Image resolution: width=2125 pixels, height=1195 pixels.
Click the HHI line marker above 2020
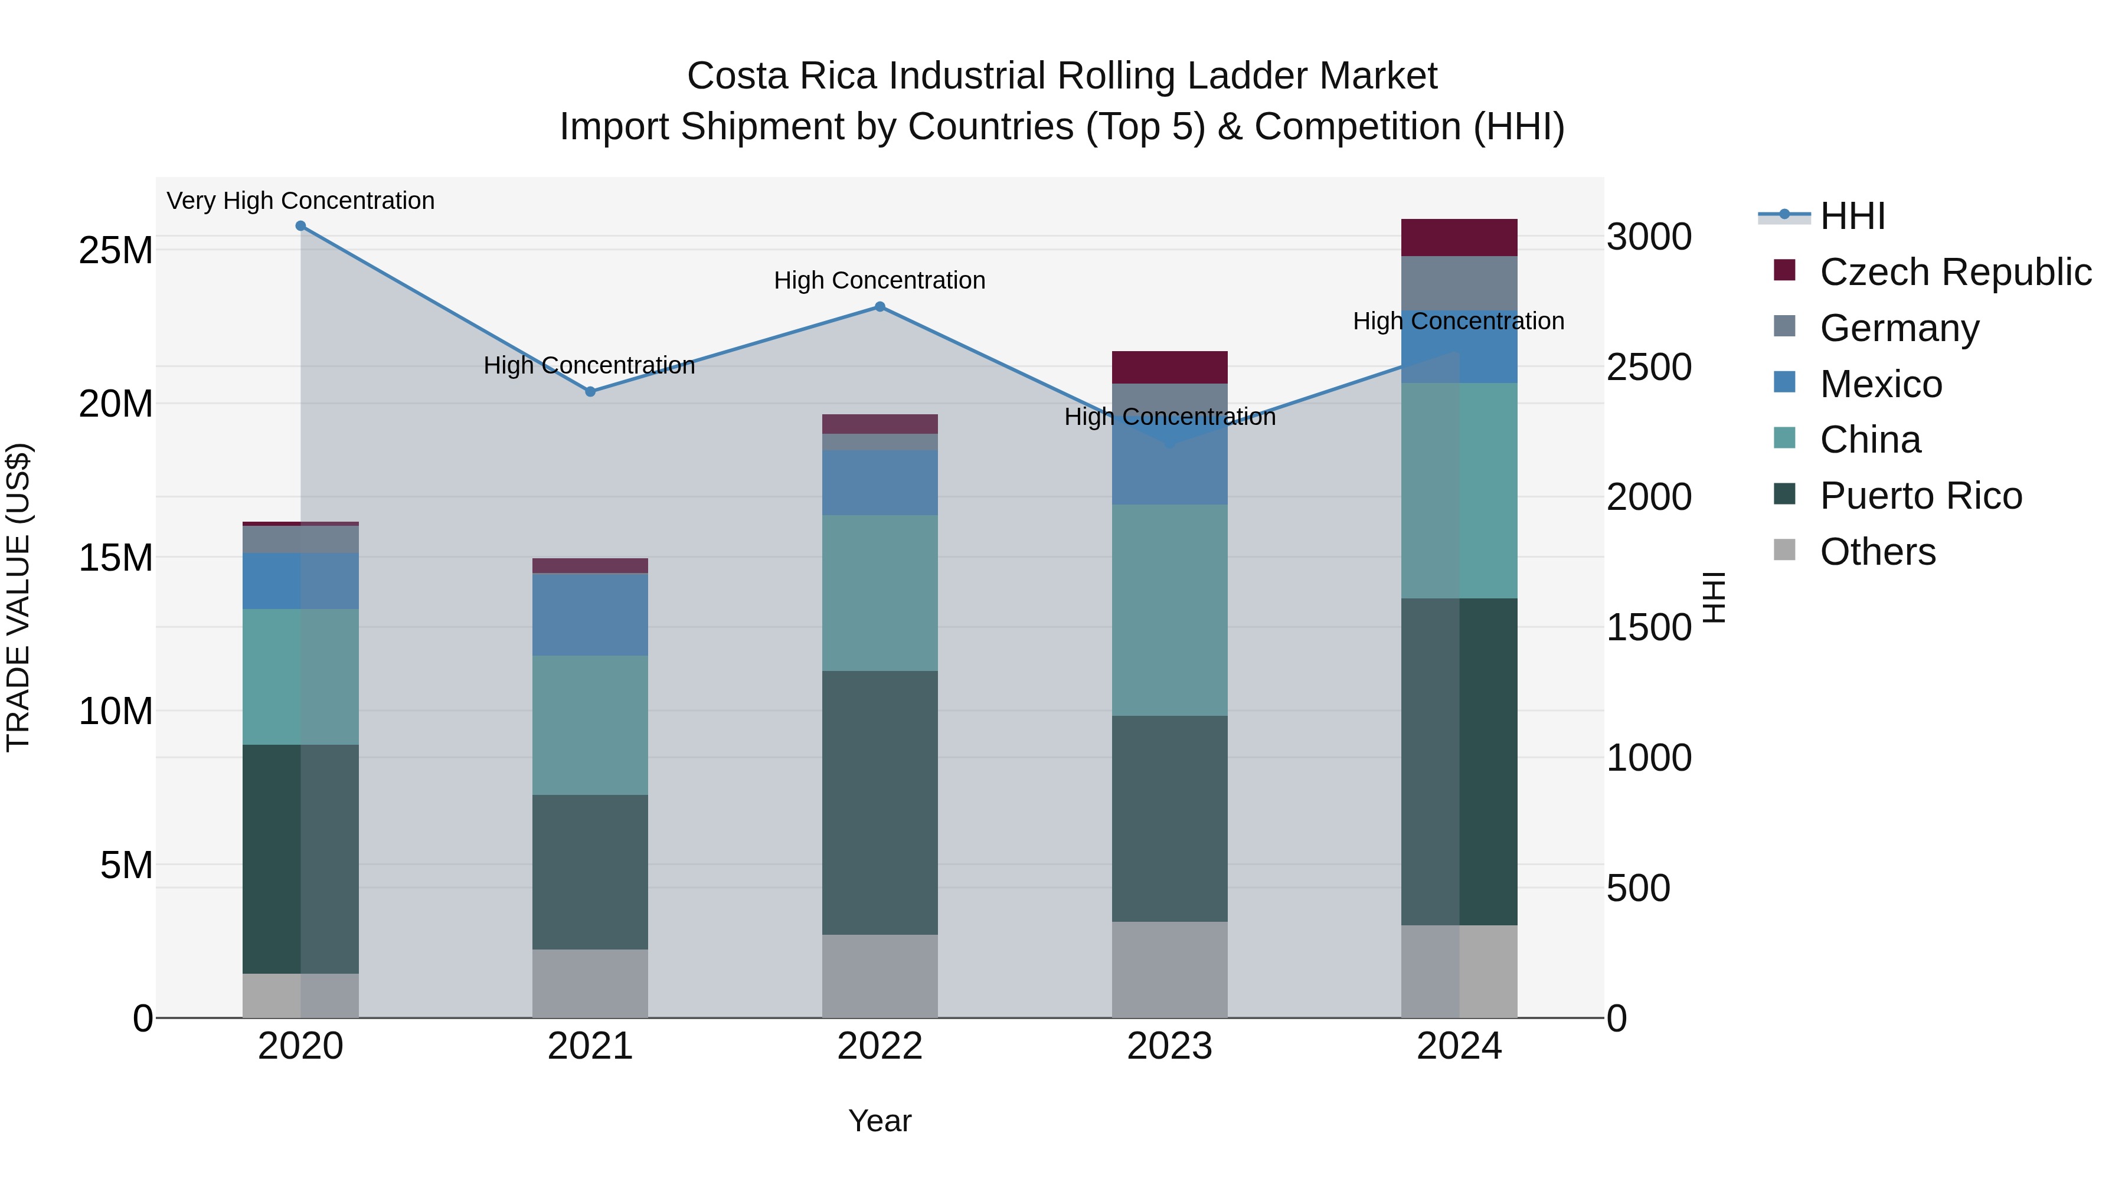[300, 226]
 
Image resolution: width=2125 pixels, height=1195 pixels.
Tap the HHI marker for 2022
[880, 307]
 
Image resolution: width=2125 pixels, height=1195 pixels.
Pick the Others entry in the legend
[1878, 552]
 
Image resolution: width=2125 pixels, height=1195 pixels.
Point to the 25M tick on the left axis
[116, 250]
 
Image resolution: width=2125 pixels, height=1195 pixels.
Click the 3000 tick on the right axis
[1648, 237]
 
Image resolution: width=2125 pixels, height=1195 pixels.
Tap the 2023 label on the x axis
[1169, 1046]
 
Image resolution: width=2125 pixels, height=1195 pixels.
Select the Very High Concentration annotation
[300, 201]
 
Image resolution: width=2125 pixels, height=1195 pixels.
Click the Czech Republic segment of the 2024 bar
[1459, 237]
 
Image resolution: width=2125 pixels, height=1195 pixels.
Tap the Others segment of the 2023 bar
[1169, 969]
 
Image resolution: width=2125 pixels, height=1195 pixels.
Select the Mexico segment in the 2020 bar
[300, 581]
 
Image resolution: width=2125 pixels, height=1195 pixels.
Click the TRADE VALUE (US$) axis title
[18, 597]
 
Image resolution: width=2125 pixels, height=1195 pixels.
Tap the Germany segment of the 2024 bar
[1459, 283]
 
